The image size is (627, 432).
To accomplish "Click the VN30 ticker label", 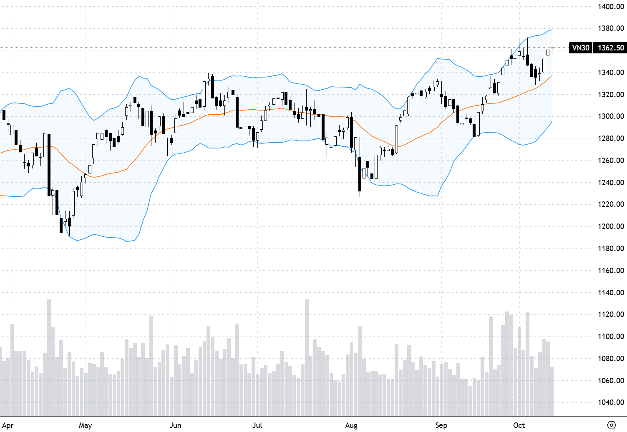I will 581,48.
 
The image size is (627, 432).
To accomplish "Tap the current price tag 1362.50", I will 611,48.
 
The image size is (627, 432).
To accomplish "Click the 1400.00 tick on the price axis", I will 611,7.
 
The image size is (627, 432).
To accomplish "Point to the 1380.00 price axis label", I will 611,28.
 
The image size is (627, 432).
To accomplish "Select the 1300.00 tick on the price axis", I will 611,116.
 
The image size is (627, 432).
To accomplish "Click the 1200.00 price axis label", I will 611,226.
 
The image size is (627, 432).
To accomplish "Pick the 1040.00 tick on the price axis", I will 611,402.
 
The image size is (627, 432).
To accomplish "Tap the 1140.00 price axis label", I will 611,292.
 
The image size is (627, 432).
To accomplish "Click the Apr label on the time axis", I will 8,425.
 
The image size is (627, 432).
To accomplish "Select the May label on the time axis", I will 85,425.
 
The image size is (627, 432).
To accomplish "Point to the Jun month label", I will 175,425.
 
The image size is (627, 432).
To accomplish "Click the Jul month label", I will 257,425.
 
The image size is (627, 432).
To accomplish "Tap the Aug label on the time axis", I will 351,425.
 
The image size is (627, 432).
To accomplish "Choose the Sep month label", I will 441,425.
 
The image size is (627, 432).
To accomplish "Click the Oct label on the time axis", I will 519,425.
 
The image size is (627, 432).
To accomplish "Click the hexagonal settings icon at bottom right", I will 611,425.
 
